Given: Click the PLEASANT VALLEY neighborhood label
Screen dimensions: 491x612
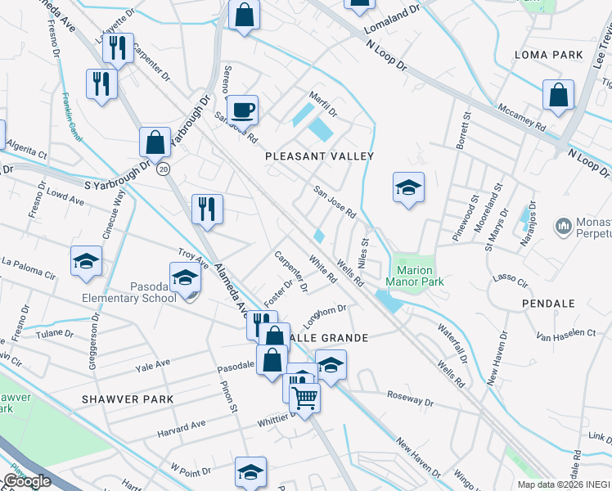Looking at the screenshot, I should tap(319, 155).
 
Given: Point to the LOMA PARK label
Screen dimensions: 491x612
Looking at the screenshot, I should tap(548, 55).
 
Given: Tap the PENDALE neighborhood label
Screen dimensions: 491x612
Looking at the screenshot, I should tap(550, 303).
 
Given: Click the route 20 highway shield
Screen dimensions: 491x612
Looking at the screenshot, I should tap(164, 169).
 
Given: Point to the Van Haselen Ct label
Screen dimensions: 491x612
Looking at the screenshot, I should tap(566, 334).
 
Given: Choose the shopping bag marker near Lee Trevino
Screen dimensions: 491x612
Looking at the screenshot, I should tap(558, 95).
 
